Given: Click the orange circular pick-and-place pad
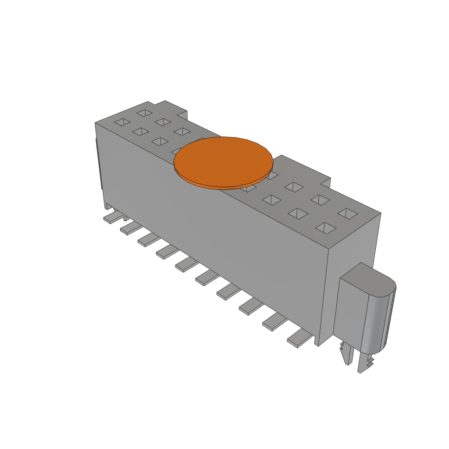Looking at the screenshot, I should coord(224,161).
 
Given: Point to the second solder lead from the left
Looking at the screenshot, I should coord(130,228).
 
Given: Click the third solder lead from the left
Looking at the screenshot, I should coord(148,239).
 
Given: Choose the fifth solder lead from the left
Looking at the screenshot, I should coord(186,264).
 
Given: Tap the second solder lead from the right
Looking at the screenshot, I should coord(274,323).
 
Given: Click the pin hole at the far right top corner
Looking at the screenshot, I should coord(349,214).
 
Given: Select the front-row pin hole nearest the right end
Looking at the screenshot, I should coord(325,228).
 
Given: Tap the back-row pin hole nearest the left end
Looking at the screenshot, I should coord(143,113).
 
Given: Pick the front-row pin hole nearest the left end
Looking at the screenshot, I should coord(122,122).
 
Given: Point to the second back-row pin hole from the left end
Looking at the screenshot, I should coord(163,121).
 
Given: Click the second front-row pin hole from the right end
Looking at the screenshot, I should coord(299,214).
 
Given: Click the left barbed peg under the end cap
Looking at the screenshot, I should coord(347,353).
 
